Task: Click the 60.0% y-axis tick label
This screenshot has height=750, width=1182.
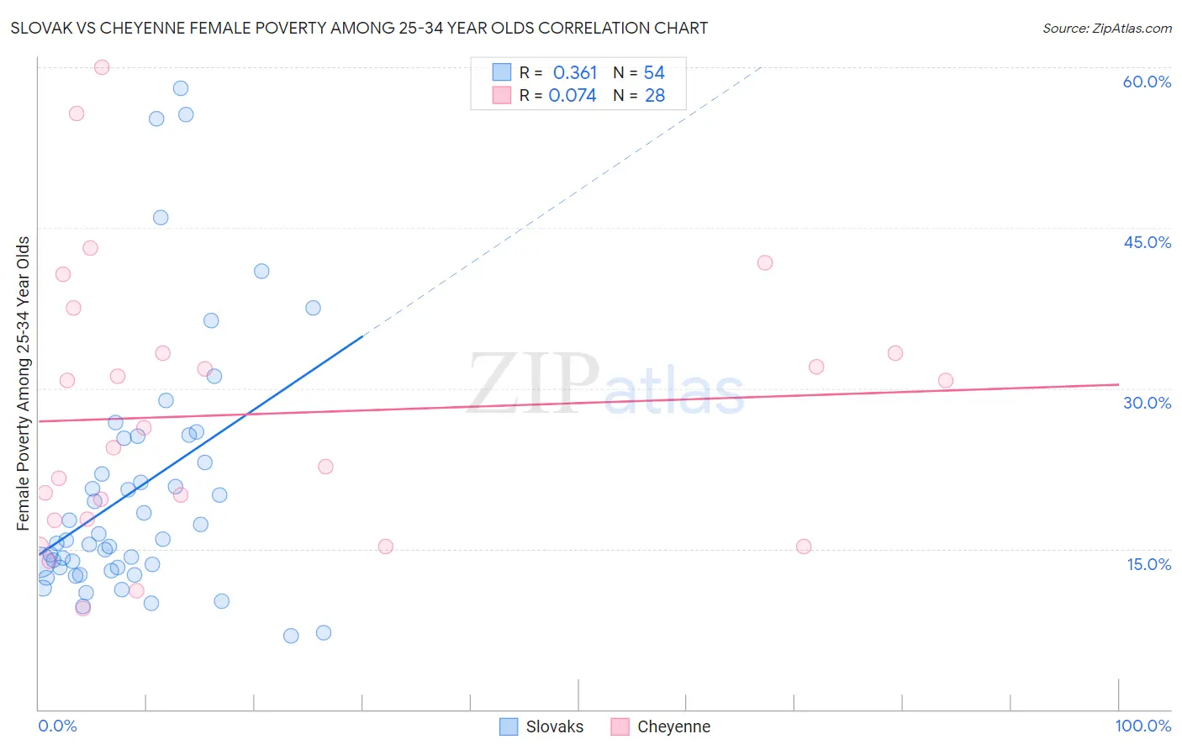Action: point(1147,82)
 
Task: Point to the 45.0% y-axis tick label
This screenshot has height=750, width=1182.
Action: point(1147,242)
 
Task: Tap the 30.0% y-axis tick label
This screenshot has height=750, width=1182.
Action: point(1147,403)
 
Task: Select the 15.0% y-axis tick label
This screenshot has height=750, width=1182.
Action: point(1148,564)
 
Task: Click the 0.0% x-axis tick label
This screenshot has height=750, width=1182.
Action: point(57,726)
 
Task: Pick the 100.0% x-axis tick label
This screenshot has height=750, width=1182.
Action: point(1142,726)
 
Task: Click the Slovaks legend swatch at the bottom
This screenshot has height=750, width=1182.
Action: point(509,726)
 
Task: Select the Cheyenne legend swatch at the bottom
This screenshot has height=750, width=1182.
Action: point(620,726)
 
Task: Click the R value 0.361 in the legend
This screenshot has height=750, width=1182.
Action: point(575,73)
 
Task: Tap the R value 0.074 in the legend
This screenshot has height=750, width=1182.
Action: point(573,96)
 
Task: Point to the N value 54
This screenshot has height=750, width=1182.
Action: point(654,73)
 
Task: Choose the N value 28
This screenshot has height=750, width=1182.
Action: point(655,96)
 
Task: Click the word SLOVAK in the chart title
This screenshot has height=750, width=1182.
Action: point(39,28)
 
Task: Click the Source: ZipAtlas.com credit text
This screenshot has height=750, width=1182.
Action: point(1106,28)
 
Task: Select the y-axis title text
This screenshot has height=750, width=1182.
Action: point(24,383)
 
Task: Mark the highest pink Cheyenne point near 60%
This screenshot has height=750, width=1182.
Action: point(102,67)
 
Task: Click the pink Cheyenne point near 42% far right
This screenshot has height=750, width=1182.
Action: point(764,262)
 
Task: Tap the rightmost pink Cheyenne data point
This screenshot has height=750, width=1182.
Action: point(945,380)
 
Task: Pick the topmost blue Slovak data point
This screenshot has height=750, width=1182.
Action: point(180,88)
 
